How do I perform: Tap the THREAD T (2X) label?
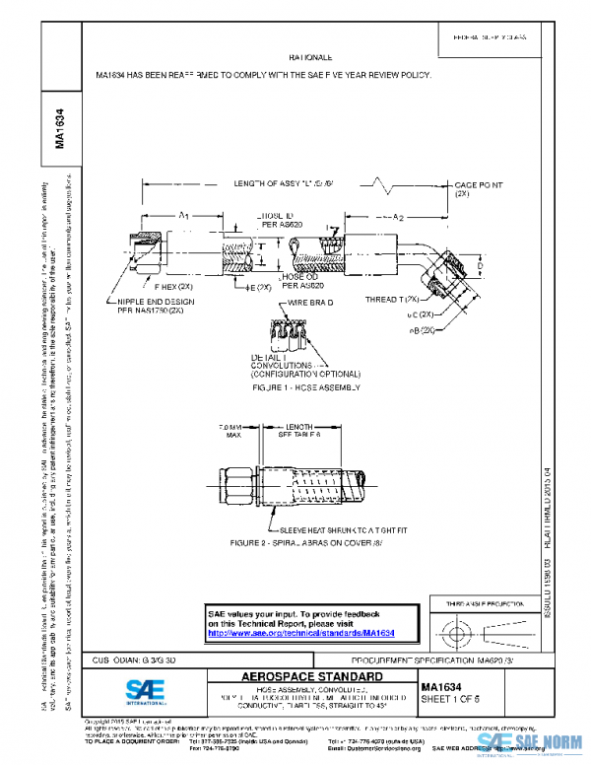point(394,299)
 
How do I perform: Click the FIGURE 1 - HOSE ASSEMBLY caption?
point(306,387)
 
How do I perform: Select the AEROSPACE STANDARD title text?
point(312,677)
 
